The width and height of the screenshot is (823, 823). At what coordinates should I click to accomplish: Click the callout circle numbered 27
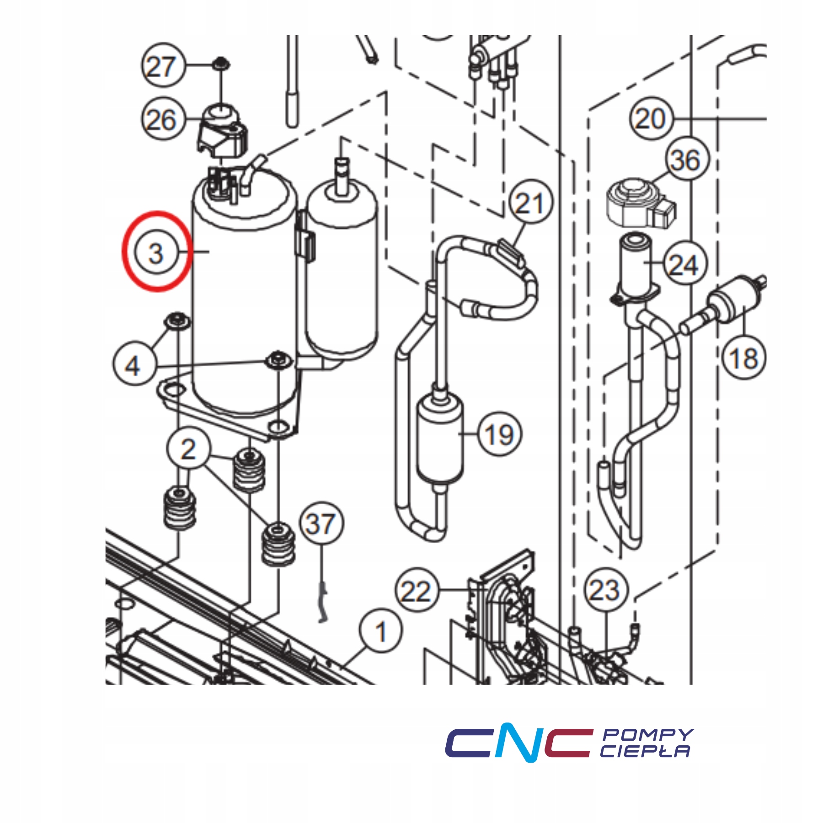(x=162, y=66)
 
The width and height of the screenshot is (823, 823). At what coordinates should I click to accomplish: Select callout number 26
(x=162, y=119)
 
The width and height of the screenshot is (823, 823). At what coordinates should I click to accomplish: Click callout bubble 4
(x=134, y=365)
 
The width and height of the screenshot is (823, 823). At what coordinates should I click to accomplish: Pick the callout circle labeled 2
(x=188, y=449)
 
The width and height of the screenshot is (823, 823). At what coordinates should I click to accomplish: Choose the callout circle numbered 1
(x=381, y=631)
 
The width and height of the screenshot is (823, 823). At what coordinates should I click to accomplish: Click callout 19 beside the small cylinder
(x=499, y=434)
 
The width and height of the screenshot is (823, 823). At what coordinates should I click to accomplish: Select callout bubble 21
(x=530, y=202)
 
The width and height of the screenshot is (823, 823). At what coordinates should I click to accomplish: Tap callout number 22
(x=416, y=591)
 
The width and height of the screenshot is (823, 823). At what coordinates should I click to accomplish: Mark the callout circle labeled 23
(x=606, y=590)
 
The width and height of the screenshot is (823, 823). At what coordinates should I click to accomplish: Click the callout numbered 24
(x=684, y=264)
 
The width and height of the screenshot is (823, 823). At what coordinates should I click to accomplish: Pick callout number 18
(x=743, y=358)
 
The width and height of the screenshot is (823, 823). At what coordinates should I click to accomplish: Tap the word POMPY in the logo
(x=647, y=734)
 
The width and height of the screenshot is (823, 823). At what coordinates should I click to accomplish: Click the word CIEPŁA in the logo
(x=645, y=751)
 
